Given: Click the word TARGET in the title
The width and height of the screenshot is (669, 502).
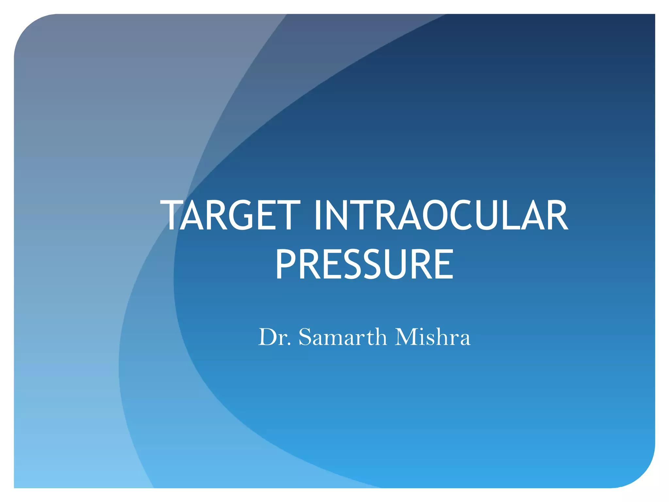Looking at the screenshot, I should (x=230, y=215).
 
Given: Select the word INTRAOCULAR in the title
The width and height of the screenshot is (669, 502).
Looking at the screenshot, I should (x=441, y=215).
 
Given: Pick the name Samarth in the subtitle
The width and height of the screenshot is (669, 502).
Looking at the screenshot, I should (x=343, y=337).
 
